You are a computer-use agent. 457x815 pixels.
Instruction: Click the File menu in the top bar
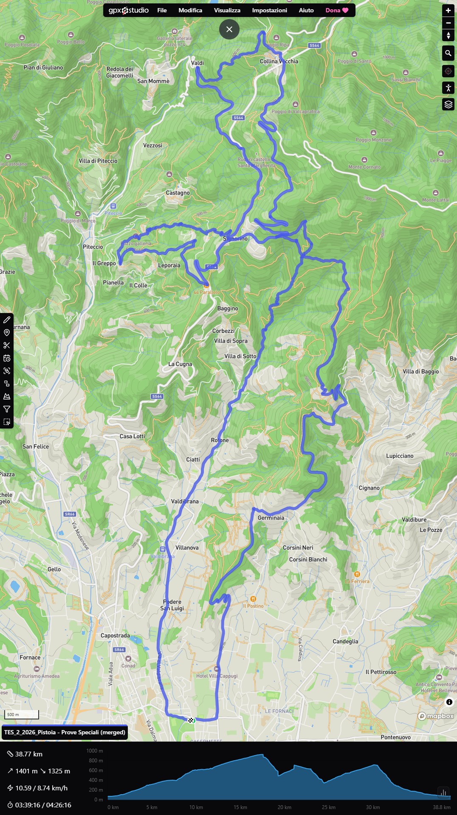[x=162, y=10]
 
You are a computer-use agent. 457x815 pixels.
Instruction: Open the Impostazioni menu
[x=269, y=10]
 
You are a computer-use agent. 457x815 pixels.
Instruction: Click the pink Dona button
[x=336, y=10]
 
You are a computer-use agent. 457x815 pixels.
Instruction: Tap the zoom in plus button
[x=448, y=10]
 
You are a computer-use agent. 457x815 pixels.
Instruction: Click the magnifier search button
[x=448, y=53]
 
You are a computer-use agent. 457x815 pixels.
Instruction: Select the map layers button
[x=448, y=104]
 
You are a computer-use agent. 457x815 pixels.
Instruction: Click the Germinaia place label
[x=271, y=518]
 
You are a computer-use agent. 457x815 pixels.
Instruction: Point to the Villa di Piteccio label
[x=98, y=161]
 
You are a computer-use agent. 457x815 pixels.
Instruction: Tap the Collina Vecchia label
[x=279, y=61]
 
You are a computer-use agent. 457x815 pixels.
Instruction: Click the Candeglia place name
[x=345, y=641]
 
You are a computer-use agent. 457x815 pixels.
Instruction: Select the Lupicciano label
[x=399, y=456]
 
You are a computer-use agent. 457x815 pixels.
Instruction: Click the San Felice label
[x=35, y=446]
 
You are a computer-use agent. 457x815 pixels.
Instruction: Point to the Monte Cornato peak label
[x=364, y=167]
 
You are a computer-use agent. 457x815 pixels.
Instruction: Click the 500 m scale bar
[x=21, y=714]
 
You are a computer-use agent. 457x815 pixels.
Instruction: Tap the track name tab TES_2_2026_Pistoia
[x=65, y=732]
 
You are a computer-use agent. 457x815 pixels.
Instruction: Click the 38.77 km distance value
[x=28, y=754]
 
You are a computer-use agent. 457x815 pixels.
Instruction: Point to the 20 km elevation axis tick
[x=284, y=807]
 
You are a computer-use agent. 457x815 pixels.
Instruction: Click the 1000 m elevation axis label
[x=94, y=751]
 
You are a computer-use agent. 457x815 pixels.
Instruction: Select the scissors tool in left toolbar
[x=7, y=345]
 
